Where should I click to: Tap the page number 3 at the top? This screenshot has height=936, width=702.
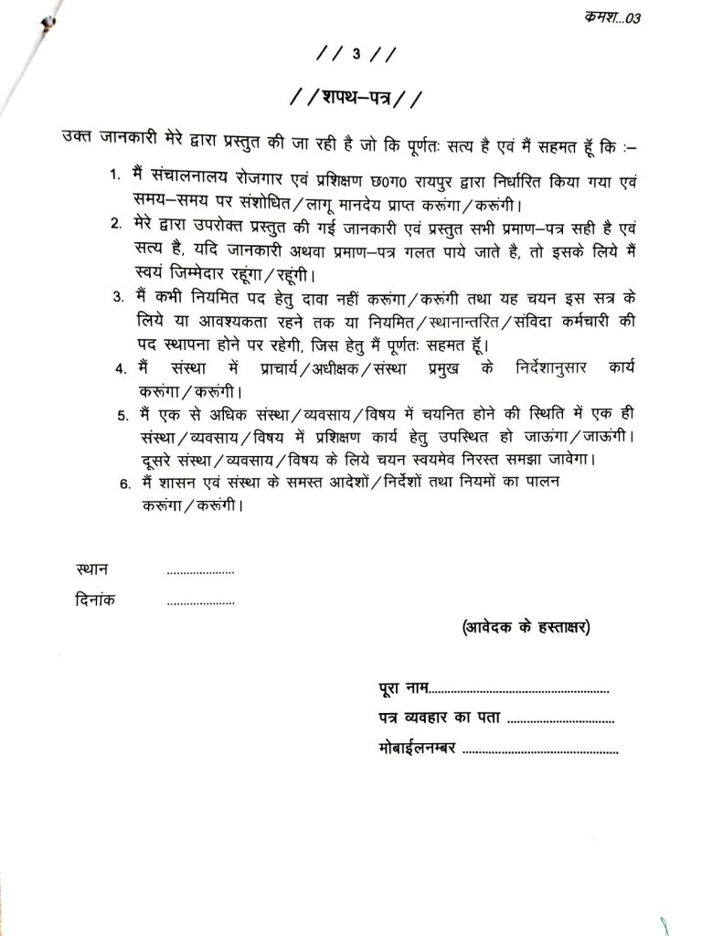point(356,55)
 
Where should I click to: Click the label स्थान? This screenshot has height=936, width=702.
point(93,570)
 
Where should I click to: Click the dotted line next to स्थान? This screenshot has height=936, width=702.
point(201,573)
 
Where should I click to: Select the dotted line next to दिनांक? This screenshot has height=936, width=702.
point(201,603)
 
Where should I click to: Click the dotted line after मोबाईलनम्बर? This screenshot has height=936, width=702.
point(541,752)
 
